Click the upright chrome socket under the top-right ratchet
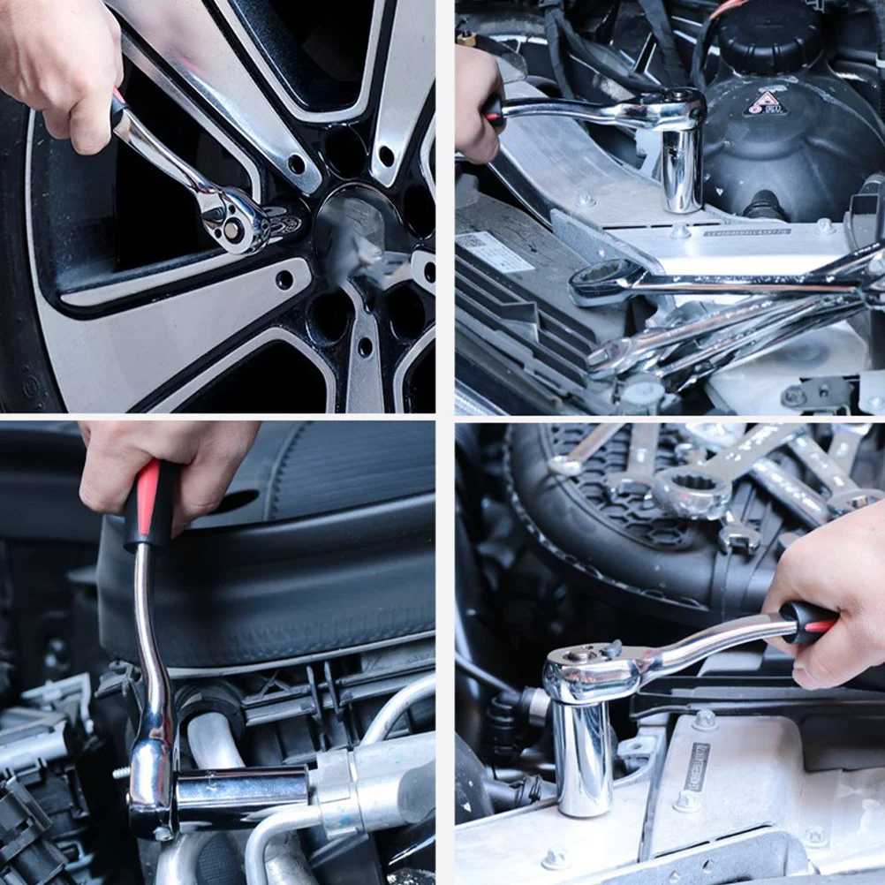click(x=682, y=168)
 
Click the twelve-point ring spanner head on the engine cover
click(x=691, y=491)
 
